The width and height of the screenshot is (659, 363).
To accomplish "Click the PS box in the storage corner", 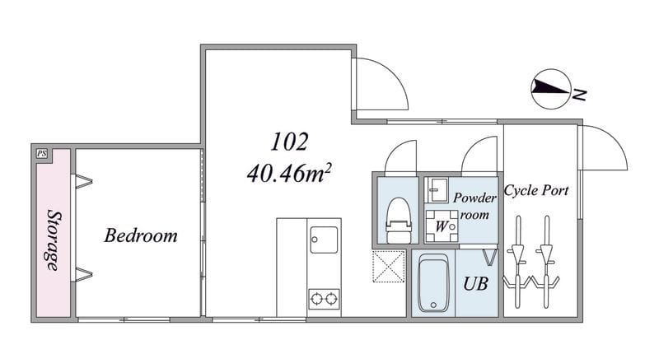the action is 42,154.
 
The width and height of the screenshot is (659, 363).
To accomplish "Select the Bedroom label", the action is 141,235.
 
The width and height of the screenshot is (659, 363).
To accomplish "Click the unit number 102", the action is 289,142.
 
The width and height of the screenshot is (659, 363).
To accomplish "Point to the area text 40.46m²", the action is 289,173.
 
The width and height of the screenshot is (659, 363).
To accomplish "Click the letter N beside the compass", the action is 579,95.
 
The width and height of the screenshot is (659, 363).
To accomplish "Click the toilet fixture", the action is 398,220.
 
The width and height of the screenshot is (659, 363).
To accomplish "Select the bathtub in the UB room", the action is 433,283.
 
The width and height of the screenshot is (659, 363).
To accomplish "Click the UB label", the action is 475,284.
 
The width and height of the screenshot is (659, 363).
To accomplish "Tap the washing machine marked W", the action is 442,226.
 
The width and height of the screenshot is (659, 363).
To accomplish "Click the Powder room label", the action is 475,206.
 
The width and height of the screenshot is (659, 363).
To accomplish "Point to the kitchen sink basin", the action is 324,240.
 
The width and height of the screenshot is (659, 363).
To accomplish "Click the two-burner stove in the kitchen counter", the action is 324,299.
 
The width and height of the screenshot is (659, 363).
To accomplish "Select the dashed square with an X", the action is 389,267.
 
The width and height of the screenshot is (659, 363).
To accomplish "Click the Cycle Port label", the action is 536,190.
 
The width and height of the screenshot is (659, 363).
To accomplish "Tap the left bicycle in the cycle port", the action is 517,262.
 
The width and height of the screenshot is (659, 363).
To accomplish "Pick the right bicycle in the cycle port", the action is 546,262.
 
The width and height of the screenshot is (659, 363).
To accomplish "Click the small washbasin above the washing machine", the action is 437,190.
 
